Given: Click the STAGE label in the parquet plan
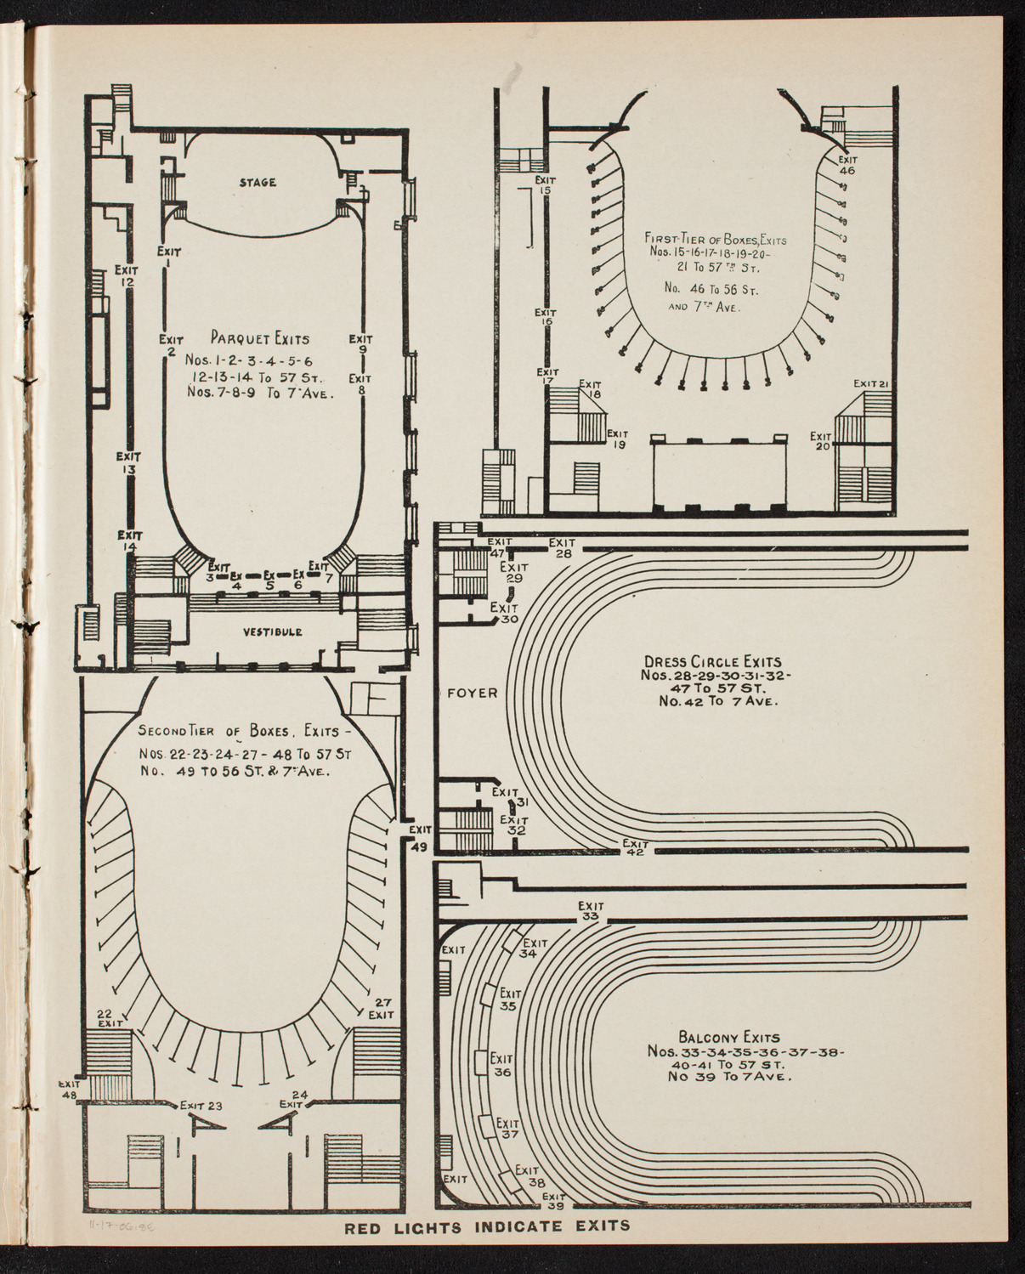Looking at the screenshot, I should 258,183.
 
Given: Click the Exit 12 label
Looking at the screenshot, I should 128,276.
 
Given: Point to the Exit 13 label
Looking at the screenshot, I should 128,461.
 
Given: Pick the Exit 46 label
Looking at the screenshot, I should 847,164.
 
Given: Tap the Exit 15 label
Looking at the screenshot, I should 546,185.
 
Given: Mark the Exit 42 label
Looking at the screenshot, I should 635,848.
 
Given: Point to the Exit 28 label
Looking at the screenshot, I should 563,548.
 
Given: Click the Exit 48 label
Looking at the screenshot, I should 69,1090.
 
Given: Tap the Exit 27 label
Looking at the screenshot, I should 380,1007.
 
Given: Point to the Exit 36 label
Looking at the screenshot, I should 501,1065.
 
